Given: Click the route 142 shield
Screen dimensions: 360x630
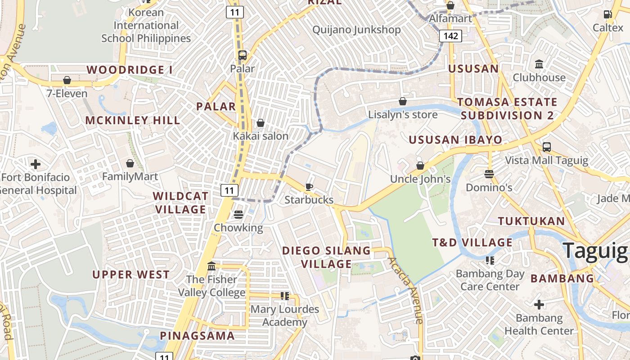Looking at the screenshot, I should pos(451,36).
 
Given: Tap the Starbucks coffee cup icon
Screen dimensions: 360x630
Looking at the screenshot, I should pos(309,187).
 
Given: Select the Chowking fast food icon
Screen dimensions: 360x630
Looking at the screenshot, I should pos(238,215).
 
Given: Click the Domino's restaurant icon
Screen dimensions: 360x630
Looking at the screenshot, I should pos(489,174).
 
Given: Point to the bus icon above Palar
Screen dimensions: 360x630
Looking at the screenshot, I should pos(243,55).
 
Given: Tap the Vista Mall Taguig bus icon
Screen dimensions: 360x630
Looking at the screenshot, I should pos(547,147).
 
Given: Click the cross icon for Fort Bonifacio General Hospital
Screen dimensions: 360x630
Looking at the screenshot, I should pos(35,164).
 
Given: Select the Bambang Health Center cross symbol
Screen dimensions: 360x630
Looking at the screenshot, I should pos(539,305).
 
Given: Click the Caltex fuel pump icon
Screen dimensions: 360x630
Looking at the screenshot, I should pos(608,14).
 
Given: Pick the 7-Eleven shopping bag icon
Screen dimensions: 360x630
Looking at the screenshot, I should pos(67,80).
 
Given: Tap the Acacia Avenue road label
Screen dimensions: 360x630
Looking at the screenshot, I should pos(406,290).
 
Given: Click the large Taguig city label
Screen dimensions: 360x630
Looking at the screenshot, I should pos(595,251).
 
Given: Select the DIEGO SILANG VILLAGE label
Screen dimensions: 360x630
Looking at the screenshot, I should pos(326,257).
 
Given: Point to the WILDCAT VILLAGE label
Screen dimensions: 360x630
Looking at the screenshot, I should pos(180,202).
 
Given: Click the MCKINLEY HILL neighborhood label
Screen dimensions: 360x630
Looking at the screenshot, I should pos(133,120).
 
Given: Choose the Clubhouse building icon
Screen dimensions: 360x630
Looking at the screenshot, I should pos(539,64).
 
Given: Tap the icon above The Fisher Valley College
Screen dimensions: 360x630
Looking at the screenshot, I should pos(211,266).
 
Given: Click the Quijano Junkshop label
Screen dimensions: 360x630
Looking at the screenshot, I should pos(356,30).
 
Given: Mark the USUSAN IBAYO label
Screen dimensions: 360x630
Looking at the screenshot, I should pos(455,139).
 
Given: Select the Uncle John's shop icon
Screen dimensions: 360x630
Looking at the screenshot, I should pos(420,166).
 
